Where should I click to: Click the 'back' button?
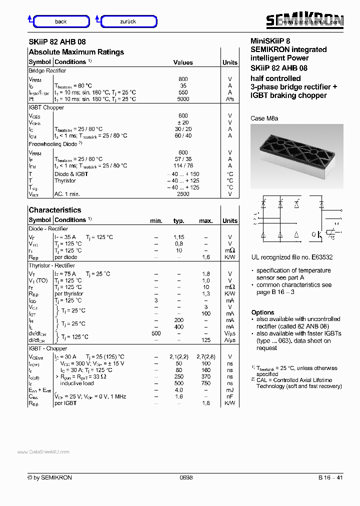point(60,21)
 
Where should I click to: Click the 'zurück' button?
point(128,21)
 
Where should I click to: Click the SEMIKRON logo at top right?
point(304,20)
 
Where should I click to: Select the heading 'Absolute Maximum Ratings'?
point(76,52)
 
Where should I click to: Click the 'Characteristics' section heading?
point(54,210)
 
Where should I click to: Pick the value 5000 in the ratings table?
point(183,99)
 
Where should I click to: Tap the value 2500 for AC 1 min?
point(183,194)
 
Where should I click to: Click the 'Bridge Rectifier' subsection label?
point(47,71)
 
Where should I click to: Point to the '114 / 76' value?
point(183,165)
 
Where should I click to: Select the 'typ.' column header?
point(178,220)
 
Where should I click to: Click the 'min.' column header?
point(156,220)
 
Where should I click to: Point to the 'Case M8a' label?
point(264,118)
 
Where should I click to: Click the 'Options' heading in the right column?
point(262,312)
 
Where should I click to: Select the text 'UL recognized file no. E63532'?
point(291,257)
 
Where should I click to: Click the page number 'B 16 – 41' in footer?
point(330,477)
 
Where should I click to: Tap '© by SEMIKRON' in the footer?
point(50,477)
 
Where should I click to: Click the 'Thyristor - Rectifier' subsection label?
point(51,265)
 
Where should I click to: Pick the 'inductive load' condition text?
point(76,383)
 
